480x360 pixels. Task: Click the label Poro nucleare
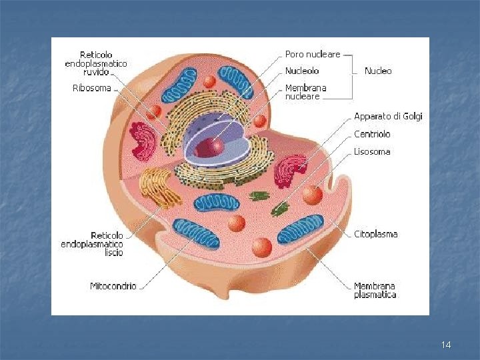[x=313, y=54]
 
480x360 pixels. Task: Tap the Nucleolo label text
[x=302, y=71]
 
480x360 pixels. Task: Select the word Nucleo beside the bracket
[x=378, y=71]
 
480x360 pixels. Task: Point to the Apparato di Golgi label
[x=388, y=116]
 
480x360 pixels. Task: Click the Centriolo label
[x=372, y=134]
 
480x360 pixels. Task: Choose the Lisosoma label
[x=372, y=152]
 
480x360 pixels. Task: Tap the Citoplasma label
[x=375, y=234]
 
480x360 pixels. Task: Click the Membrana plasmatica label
[x=375, y=291]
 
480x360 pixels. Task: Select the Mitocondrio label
[x=113, y=286]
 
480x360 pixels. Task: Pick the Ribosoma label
[x=91, y=88]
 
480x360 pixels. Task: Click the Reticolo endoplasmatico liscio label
[x=92, y=244]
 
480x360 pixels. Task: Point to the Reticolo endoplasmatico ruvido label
[x=96, y=63]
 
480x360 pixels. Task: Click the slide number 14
[x=446, y=345]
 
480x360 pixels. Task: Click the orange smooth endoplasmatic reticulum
[x=159, y=187]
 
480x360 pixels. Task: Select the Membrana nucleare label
[x=305, y=92]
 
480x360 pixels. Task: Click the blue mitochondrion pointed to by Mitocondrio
[x=196, y=234]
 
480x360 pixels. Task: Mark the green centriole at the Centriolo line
[x=280, y=209]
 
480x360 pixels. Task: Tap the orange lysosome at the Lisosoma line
[x=312, y=195]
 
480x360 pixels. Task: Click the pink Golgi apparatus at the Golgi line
[x=289, y=171]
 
